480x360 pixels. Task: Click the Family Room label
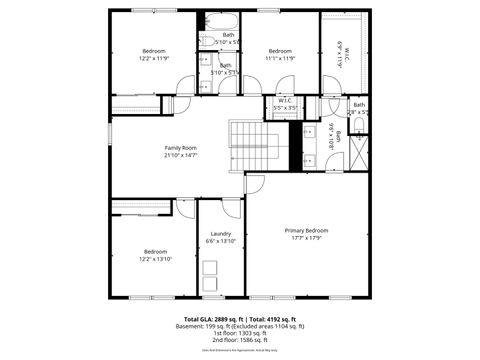pos(181,148)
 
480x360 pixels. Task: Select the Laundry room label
pos(220,234)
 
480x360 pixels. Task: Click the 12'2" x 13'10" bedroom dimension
pos(154,258)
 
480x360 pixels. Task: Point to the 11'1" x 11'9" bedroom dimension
pos(280,58)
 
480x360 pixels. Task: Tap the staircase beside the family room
pos(259,145)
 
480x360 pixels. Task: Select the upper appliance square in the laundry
pos(210,267)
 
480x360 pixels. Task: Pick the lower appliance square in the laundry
pos(210,284)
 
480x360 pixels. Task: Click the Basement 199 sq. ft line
pos(240,326)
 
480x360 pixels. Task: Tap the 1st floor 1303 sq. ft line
pos(240,333)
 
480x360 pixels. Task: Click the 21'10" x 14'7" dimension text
pos(181,155)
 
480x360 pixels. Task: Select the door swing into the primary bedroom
pos(255,183)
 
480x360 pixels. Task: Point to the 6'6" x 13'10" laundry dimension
pos(220,241)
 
